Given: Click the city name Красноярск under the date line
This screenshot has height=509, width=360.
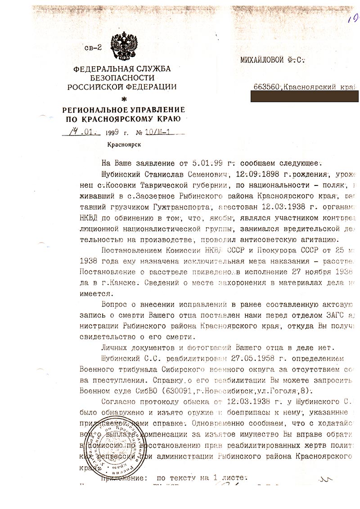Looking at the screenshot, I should click(x=123, y=144).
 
